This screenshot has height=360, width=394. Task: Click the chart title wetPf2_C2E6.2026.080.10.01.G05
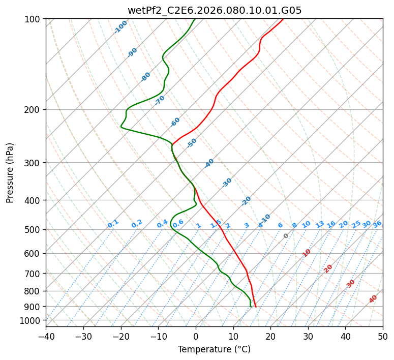[214, 10]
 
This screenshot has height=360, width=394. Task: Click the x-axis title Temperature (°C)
[214, 350]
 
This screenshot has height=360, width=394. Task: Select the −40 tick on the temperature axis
[46, 337]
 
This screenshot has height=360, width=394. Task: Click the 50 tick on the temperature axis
[383, 337]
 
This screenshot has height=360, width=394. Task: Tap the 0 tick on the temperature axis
[196, 337]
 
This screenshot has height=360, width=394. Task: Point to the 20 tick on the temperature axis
[270, 337]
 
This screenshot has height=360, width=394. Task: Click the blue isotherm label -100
[121, 27]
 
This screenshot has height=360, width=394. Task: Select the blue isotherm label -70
[160, 100]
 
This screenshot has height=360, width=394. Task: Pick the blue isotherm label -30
[227, 183]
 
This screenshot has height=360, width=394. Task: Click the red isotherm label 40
[373, 299]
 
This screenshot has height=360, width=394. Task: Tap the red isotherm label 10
[307, 253]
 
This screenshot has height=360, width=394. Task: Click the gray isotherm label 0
[286, 236]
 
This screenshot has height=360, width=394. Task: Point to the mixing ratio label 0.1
[113, 224]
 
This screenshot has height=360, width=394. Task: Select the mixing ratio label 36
[377, 224]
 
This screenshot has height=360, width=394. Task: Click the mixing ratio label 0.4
[162, 224]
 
